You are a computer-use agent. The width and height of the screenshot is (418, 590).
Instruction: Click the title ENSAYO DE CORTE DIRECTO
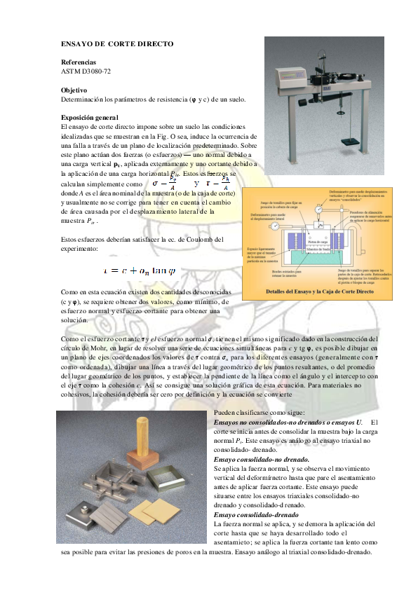[x=117, y=44]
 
